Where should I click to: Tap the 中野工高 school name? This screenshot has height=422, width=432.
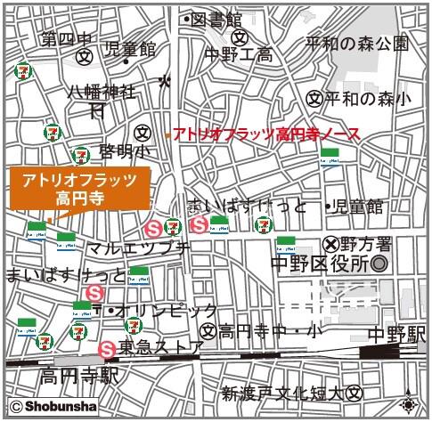click(240, 55)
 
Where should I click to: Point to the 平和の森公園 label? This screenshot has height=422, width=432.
click(356, 42)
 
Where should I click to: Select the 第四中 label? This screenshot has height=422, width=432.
click(66, 39)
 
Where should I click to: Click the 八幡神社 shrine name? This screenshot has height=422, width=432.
click(103, 92)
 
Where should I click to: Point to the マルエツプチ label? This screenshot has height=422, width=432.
click(141, 248)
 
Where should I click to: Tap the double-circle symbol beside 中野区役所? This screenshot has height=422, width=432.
click(379, 264)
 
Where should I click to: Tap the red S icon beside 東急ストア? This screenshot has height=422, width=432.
click(108, 348)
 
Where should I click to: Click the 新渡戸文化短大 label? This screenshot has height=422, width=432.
click(283, 393)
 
